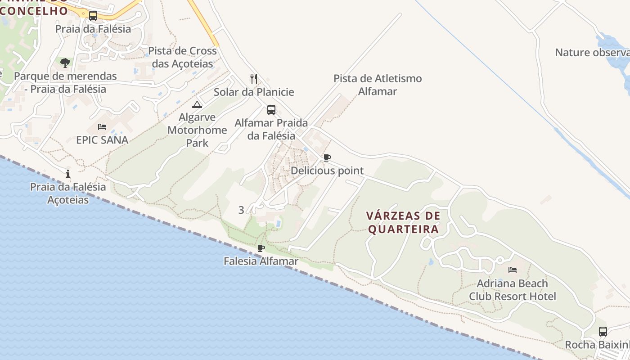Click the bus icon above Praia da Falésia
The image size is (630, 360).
click(x=93, y=16)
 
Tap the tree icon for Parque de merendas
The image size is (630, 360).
click(x=65, y=63)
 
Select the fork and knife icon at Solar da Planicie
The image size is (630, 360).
click(x=254, y=79)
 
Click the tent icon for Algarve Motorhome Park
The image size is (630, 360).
click(x=197, y=105)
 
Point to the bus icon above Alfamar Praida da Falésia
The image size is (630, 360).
click(x=271, y=110)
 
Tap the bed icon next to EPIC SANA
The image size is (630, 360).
click(x=102, y=127)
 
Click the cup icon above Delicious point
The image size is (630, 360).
click(x=327, y=157)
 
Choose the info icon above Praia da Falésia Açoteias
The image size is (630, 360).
click(x=68, y=174)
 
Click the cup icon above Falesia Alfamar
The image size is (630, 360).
click(x=261, y=248)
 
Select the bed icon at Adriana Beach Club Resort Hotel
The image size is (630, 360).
click(x=513, y=270)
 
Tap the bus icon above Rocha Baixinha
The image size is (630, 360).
click(x=603, y=332)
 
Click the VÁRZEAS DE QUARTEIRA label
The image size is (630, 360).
click(x=403, y=222)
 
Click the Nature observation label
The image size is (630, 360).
click(x=592, y=52)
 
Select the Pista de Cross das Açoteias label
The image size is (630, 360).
click(x=182, y=57)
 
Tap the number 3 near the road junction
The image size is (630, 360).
click(x=241, y=210)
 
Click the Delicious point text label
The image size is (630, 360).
click(x=327, y=171)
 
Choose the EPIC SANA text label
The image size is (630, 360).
click(x=102, y=140)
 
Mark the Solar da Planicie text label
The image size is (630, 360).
click(x=254, y=92)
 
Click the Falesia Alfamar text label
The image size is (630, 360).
click(x=261, y=261)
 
